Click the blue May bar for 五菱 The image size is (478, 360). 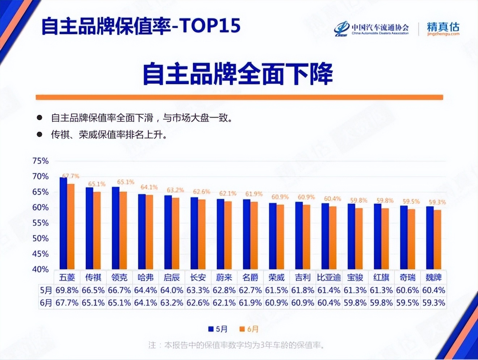[63, 223]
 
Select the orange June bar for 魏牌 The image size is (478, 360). [437, 239]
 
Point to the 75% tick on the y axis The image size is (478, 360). [40, 161]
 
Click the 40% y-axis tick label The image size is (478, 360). [40, 269]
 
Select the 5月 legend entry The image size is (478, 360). [218, 329]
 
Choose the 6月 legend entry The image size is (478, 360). [249, 329]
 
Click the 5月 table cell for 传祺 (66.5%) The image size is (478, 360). [93, 290]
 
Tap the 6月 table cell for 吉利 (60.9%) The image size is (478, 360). [303, 303]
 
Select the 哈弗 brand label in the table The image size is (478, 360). [146, 278]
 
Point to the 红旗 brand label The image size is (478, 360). [381, 278]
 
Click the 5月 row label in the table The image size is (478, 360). [46, 290]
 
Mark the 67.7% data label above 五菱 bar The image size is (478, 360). [71, 176]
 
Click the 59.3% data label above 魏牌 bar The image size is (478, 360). [437, 202]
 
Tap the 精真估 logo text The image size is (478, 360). [443, 28]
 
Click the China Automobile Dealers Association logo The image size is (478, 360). [371, 29]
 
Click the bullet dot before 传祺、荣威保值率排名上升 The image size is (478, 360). [39, 135]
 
